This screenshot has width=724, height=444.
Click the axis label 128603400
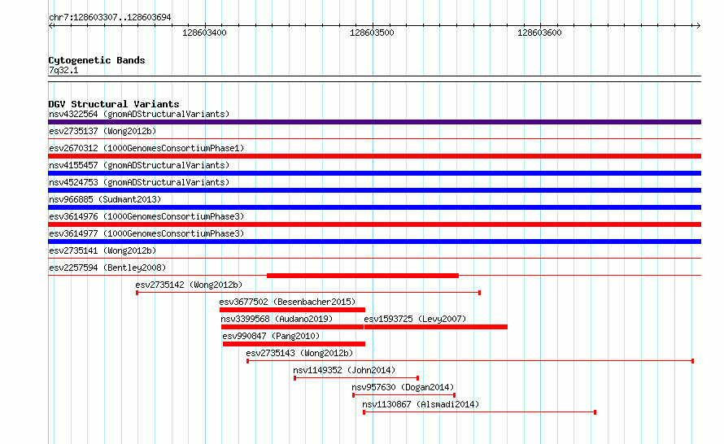(x=204, y=33)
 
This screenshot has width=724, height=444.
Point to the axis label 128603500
(x=372, y=33)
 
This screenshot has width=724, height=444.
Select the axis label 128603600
(x=539, y=33)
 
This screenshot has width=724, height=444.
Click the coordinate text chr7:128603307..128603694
(x=110, y=18)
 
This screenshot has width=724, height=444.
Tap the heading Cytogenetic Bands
(x=97, y=60)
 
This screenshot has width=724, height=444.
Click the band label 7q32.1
(x=63, y=70)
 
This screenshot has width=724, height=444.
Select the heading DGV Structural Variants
(x=114, y=104)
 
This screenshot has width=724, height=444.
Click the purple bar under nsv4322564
(x=374, y=122)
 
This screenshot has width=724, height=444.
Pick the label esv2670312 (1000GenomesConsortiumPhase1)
(x=146, y=148)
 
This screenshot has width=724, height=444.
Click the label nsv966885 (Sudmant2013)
(x=105, y=199)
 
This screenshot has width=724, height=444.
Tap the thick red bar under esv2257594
(x=363, y=276)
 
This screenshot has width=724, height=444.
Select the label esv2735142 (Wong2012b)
(x=189, y=285)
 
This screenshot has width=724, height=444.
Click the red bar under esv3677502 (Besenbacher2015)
(x=292, y=310)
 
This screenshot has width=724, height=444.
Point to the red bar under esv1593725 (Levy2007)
(x=436, y=327)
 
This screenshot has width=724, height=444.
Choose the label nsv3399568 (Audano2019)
(x=277, y=319)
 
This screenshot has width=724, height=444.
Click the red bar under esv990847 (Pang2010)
(x=294, y=344)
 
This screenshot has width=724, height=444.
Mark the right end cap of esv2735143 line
(x=692, y=361)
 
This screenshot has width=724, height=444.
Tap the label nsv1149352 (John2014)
(x=344, y=370)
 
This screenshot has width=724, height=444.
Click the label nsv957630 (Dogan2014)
(x=403, y=387)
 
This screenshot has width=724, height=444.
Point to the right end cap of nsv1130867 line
(x=595, y=412)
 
